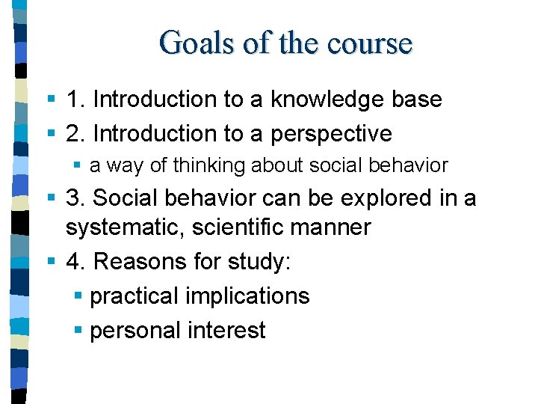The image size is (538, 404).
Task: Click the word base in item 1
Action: [x=418, y=100]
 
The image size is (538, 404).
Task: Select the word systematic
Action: [x=124, y=227]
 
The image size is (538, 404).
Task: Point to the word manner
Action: [x=335, y=227]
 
